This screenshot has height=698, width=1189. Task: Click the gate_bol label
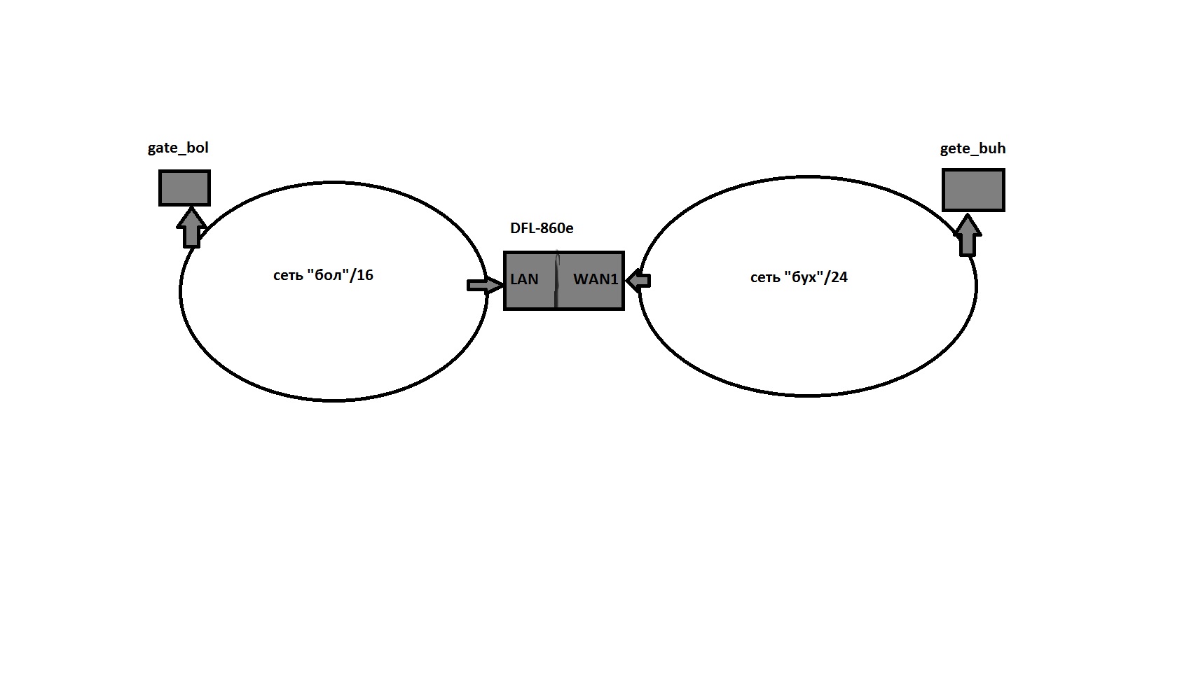click(x=178, y=148)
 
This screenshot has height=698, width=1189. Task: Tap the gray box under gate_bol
click(x=184, y=188)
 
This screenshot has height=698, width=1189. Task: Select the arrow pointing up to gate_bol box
click(x=191, y=227)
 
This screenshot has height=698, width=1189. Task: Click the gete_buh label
click(x=972, y=149)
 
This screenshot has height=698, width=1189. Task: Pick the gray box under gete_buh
click(x=973, y=190)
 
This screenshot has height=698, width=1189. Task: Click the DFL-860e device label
click(x=542, y=228)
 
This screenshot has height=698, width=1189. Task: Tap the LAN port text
click(x=524, y=279)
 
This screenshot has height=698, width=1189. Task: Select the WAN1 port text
click(x=596, y=279)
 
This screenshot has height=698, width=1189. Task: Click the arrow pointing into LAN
click(x=484, y=285)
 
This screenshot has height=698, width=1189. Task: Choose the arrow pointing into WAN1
click(x=638, y=281)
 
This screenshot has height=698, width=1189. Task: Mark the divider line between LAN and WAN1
click(x=556, y=281)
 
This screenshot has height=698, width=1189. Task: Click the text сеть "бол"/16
click(x=323, y=275)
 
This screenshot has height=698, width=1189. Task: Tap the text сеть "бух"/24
click(x=799, y=277)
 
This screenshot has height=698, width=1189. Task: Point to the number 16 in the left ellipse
click(x=365, y=275)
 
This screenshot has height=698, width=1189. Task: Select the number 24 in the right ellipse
click(x=839, y=277)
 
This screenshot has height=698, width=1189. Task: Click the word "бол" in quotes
click(x=328, y=275)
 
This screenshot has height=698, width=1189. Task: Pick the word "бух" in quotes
click(x=804, y=277)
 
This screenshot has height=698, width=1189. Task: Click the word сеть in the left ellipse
click(x=287, y=276)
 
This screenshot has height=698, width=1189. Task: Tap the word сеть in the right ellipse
click(x=764, y=278)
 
